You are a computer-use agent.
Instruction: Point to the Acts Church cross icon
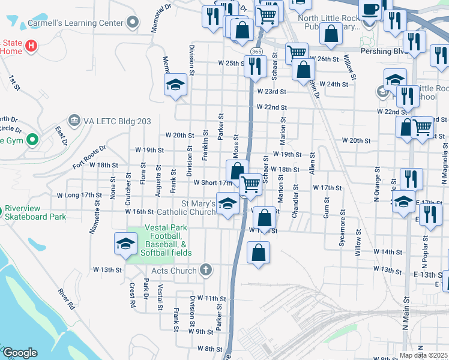(206, 270)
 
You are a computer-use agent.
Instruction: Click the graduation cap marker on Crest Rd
(125, 244)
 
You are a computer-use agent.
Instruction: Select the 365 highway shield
(256, 52)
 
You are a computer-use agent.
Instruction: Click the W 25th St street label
(231, 62)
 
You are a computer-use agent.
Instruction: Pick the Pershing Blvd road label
(385, 51)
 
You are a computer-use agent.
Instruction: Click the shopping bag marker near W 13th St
(258, 253)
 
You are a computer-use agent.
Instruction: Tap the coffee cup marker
(370, 10)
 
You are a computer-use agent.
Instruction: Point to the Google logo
(20, 353)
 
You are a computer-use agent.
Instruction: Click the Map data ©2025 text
(423, 355)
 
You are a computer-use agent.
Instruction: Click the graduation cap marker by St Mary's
(228, 205)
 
